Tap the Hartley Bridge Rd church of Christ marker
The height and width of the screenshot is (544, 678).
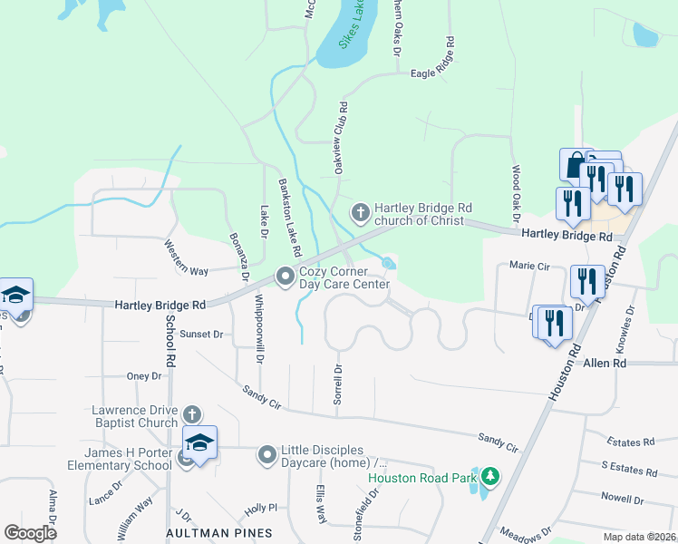coord(361,212)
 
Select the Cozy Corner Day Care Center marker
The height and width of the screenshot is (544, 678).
coord(286,275)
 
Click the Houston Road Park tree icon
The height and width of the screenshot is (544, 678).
coord(490,476)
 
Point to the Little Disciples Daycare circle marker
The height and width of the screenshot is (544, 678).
coord(266,453)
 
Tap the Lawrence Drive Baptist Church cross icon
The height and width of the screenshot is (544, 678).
coord(191,414)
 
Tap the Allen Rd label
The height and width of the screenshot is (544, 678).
coord(605,363)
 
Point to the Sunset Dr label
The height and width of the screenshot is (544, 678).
coord(201,334)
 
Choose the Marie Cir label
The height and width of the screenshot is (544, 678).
coord(530,266)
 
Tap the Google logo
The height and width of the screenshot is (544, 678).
coord(30,532)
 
